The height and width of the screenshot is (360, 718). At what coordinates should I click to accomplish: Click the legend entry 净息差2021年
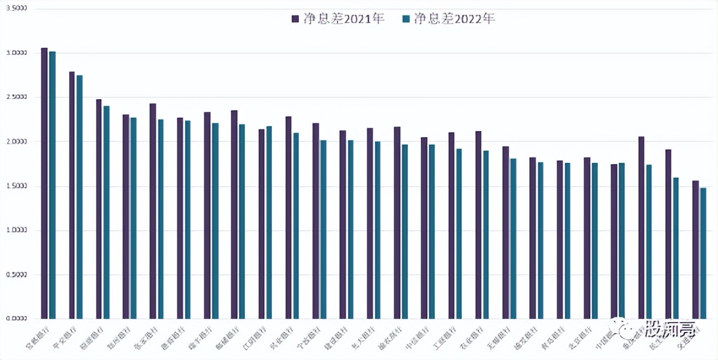338,19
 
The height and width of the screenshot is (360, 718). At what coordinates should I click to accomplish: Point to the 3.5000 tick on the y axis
17,9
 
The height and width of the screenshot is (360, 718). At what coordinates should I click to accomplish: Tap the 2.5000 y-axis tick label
17,97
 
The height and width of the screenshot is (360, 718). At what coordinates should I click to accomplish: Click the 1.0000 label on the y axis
17,231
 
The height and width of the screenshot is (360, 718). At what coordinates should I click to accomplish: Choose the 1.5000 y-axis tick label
17,186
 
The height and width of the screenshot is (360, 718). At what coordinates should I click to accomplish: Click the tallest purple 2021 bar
44,183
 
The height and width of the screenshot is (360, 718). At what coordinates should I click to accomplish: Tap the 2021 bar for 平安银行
72,195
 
